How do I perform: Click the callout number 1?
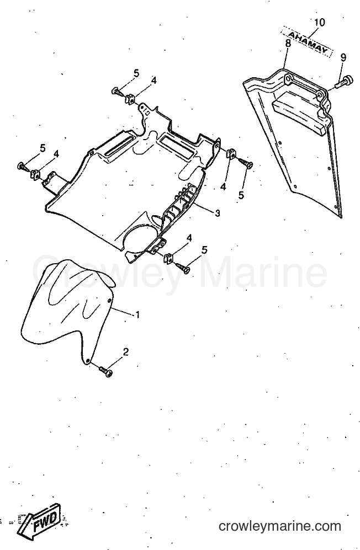tap(137, 314)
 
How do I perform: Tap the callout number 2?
tap(126, 352)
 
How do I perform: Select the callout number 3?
tap(218, 212)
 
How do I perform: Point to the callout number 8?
tap(288, 44)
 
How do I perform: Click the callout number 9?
tap(343, 57)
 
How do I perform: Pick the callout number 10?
tap(319, 23)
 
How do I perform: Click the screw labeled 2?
tap(106, 371)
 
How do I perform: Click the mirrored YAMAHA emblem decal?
tap(306, 42)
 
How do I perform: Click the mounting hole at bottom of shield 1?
tap(88, 360)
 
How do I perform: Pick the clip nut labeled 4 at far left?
tap(35, 173)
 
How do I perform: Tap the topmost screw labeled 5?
tap(117, 92)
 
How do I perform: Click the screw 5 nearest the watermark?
tap(184, 268)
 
